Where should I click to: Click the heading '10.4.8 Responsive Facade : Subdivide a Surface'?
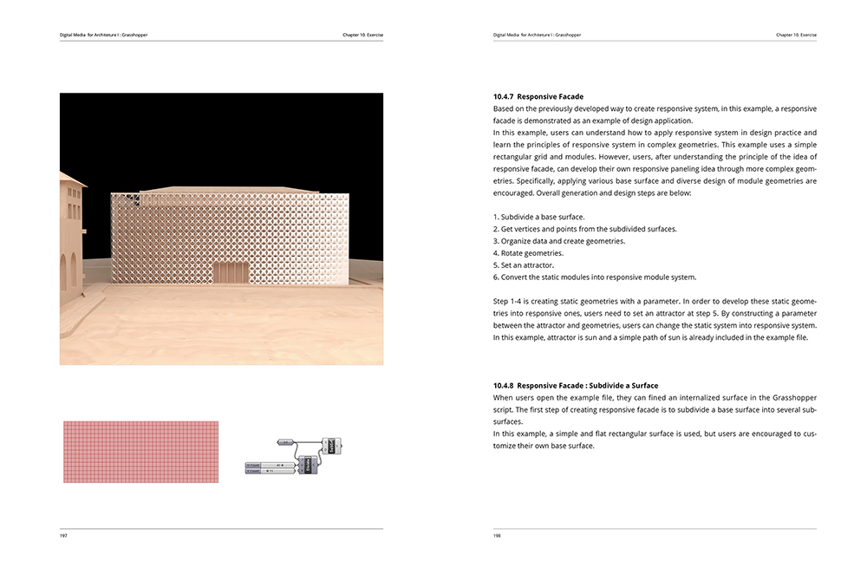pyautogui.click(x=575, y=385)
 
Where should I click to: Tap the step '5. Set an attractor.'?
pyautogui.click(x=523, y=265)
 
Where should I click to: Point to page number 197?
pyautogui.click(x=63, y=536)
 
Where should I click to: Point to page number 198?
pyautogui.click(x=497, y=536)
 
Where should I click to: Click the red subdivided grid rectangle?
pyautogui.click(x=140, y=452)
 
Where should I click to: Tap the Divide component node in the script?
pyautogui.click(x=305, y=466)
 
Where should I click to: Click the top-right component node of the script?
pyautogui.click(x=330, y=446)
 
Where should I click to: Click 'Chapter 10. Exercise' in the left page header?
pyautogui.click(x=362, y=35)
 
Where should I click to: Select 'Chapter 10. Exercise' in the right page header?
pyautogui.click(x=796, y=35)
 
